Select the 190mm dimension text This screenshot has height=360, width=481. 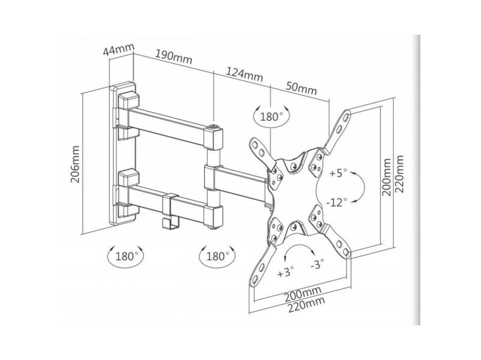(174, 56)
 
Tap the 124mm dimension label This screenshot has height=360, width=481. (244, 74)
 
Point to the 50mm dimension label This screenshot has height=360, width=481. (301, 88)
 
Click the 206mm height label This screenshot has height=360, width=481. (75, 164)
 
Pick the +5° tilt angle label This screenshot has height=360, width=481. (337, 173)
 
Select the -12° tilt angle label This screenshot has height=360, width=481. (336, 202)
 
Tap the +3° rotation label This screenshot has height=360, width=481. (285, 271)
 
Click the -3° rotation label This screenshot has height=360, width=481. (317, 263)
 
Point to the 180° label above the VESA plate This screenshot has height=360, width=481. (271, 116)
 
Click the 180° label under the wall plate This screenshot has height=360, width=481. (126, 256)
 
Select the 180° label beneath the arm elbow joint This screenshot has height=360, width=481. (218, 256)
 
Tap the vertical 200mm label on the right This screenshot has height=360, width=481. (387, 177)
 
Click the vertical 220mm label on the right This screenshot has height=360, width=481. (399, 174)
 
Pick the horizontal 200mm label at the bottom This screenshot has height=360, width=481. (303, 293)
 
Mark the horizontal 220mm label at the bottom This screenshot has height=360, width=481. (306, 304)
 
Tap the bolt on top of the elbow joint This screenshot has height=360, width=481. (213, 126)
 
